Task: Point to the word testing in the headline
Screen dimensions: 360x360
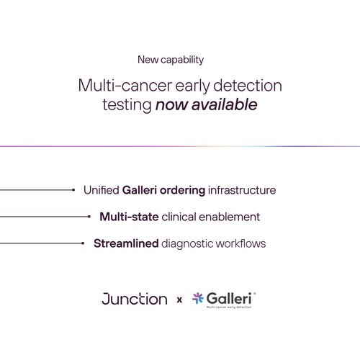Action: (127, 105)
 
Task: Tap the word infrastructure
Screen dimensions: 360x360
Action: (242, 191)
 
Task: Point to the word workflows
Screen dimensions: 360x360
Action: (241, 243)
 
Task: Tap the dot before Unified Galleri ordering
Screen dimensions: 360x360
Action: (74, 191)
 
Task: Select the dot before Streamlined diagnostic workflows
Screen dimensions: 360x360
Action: (84, 243)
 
